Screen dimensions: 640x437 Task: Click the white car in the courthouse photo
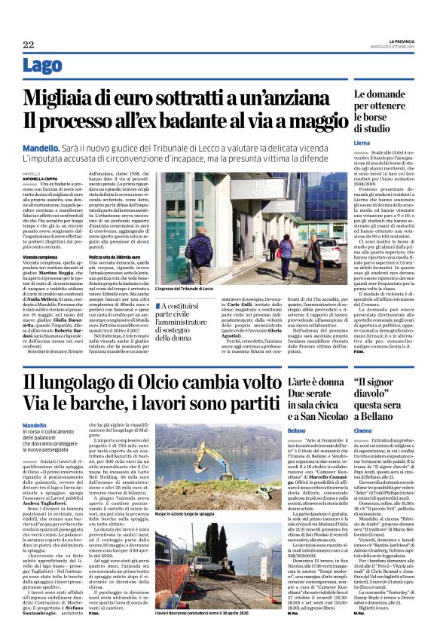point(326,253)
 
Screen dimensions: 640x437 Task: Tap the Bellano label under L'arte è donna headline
point(296,430)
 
